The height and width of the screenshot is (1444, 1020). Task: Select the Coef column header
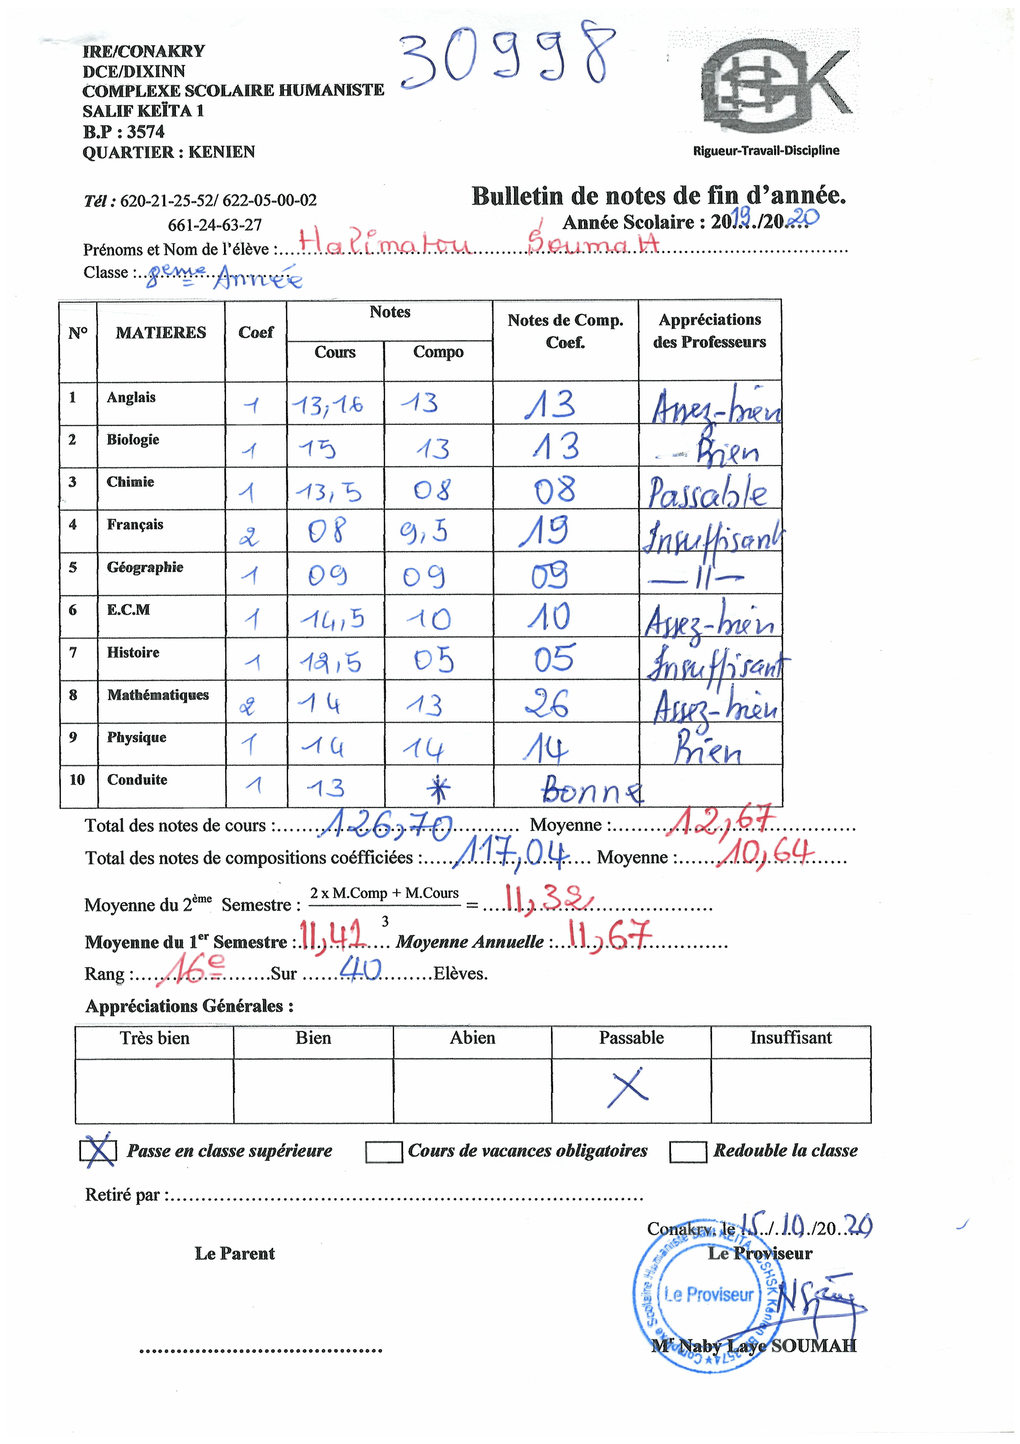click(256, 333)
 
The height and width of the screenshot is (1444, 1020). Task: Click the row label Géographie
click(145, 567)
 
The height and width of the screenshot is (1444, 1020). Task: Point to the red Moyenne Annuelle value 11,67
click(608, 937)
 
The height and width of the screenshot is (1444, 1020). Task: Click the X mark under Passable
click(628, 1086)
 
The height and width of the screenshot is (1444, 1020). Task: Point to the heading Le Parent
click(234, 1254)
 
